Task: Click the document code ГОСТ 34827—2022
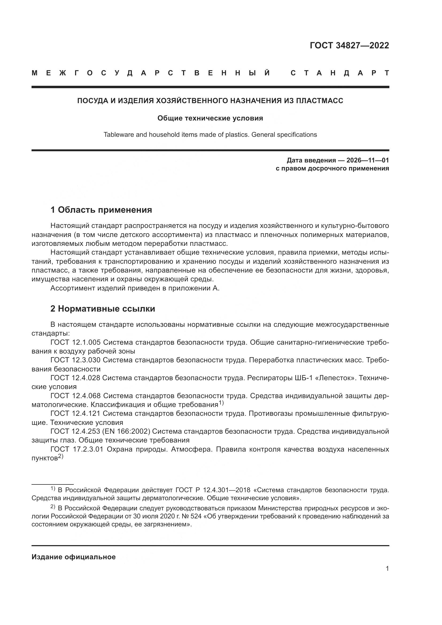pos(349,45)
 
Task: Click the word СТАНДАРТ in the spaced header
pos(340,73)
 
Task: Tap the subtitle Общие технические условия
pos(210,118)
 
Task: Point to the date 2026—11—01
pos(367,160)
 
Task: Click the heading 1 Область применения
pos(101,210)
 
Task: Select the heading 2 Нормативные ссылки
pos(103,309)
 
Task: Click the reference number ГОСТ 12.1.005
pos(75,342)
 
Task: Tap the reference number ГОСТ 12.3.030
pos(75,360)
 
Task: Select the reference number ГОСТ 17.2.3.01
pos(77,449)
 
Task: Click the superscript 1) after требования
pos(221,403)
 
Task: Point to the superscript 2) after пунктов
pos(60,456)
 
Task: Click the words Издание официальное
pos(73,557)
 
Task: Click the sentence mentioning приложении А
pos(135,288)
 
